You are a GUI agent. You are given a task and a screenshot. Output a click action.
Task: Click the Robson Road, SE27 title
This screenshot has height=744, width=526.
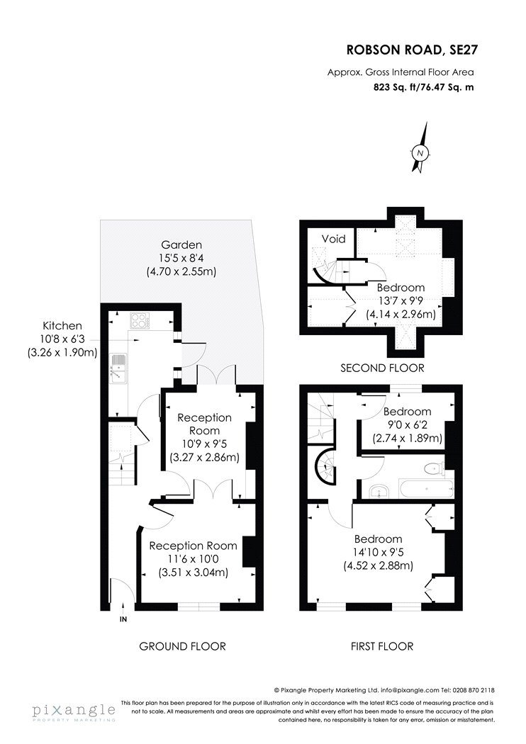(x=410, y=50)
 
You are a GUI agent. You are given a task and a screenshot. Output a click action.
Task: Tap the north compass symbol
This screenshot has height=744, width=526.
(x=420, y=152)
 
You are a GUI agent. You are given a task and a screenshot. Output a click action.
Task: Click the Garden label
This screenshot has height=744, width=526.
(x=181, y=245)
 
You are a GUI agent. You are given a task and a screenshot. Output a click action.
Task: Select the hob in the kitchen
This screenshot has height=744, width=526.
(x=140, y=320)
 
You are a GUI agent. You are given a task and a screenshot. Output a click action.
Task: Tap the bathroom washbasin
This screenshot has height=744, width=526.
(x=380, y=492)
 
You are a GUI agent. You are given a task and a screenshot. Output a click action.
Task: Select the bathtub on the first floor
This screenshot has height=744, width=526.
(x=426, y=489)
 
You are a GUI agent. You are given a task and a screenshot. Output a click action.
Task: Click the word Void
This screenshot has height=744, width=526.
(x=333, y=239)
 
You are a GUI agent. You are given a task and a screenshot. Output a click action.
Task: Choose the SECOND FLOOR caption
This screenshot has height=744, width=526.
(x=382, y=368)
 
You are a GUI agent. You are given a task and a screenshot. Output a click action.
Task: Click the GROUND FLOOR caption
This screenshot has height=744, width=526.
(x=182, y=646)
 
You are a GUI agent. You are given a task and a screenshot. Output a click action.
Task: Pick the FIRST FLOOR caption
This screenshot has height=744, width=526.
(x=382, y=646)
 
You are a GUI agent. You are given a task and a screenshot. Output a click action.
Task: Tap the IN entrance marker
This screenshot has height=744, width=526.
(x=123, y=619)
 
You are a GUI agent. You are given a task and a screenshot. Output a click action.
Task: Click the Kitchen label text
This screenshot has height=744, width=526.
(x=62, y=326)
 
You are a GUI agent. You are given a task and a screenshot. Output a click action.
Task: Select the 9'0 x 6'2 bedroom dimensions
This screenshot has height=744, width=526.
(x=408, y=424)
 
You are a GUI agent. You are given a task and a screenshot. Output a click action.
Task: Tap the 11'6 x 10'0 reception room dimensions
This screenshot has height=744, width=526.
(x=194, y=559)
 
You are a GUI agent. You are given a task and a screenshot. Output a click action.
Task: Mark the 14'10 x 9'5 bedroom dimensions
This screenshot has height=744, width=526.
(x=379, y=552)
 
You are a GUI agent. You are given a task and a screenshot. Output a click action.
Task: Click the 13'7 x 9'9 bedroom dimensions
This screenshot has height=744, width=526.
(x=401, y=300)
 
